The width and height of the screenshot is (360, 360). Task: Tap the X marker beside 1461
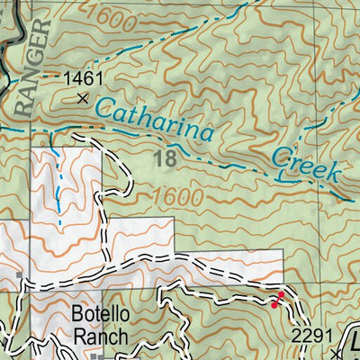tap(84, 99)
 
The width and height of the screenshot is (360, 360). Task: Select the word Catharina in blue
tap(154, 119)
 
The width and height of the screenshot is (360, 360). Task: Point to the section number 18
tap(165, 159)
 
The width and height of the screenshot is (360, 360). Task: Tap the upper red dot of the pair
tap(281, 295)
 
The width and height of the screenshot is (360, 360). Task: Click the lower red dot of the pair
tap(274, 305)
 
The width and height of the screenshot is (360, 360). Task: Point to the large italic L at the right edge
tap(354, 342)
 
